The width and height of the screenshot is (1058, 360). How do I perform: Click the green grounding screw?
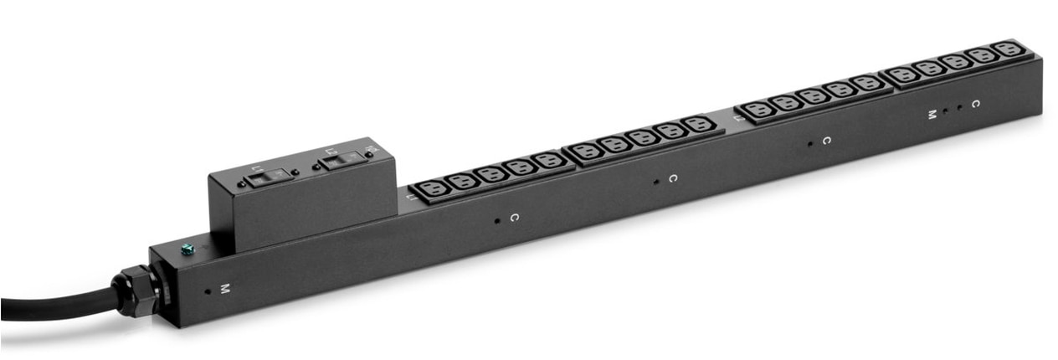(x=187, y=248)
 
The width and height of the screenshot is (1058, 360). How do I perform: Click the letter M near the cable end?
(x=223, y=289)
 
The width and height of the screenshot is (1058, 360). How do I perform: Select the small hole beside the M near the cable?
(x=208, y=292)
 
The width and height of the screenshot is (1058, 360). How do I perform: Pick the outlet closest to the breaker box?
(x=433, y=189)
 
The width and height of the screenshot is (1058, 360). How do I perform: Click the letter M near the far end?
(x=931, y=114)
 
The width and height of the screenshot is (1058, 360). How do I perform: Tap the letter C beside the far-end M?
(x=975, y=104)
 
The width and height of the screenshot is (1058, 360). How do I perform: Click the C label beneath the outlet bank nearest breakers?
(x=514, y=218)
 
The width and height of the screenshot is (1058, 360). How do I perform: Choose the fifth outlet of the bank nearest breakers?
(x=548, y=160)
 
